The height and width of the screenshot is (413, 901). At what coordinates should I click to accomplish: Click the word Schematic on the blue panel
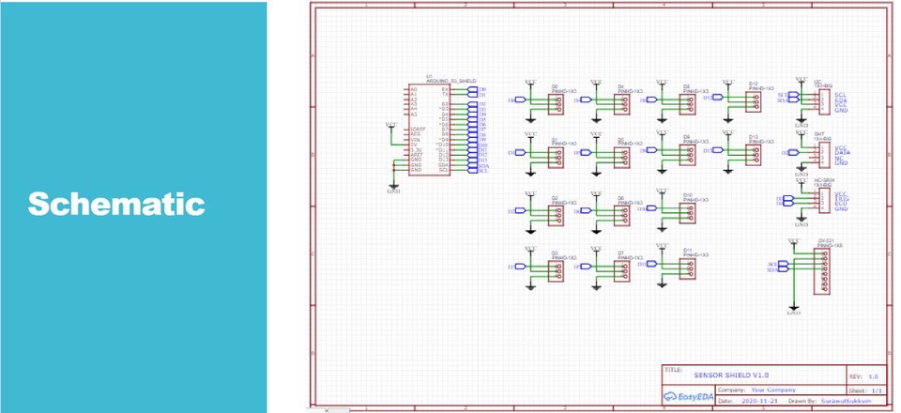[116, 203]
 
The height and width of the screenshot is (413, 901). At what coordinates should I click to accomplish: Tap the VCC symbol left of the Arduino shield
[390, 126]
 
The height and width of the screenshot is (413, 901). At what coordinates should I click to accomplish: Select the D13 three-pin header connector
[754, 154]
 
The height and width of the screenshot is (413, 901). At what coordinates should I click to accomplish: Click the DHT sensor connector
[823, 155]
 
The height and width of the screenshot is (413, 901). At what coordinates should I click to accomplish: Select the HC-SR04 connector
[823, 202]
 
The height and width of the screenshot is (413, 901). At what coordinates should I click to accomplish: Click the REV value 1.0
[873, 375]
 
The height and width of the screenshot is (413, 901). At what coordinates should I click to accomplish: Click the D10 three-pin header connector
[688, 214]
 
